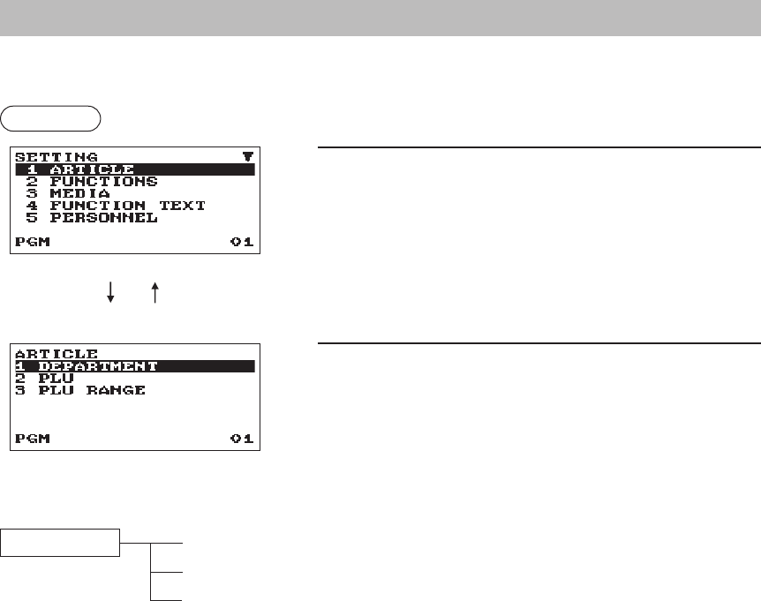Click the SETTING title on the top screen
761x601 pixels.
point(57,157)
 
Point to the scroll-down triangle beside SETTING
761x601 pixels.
point(246,157)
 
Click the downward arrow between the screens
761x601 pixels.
point(111,294)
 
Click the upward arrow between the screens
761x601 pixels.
point(154,294)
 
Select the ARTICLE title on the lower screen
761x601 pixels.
point(57,354)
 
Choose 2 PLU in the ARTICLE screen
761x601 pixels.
point(44,378)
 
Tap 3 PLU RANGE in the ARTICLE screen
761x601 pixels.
point(79,390)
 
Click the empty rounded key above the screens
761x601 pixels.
point(51,117)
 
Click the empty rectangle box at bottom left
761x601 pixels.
point(59,543)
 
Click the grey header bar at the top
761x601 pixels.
point(380,18)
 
